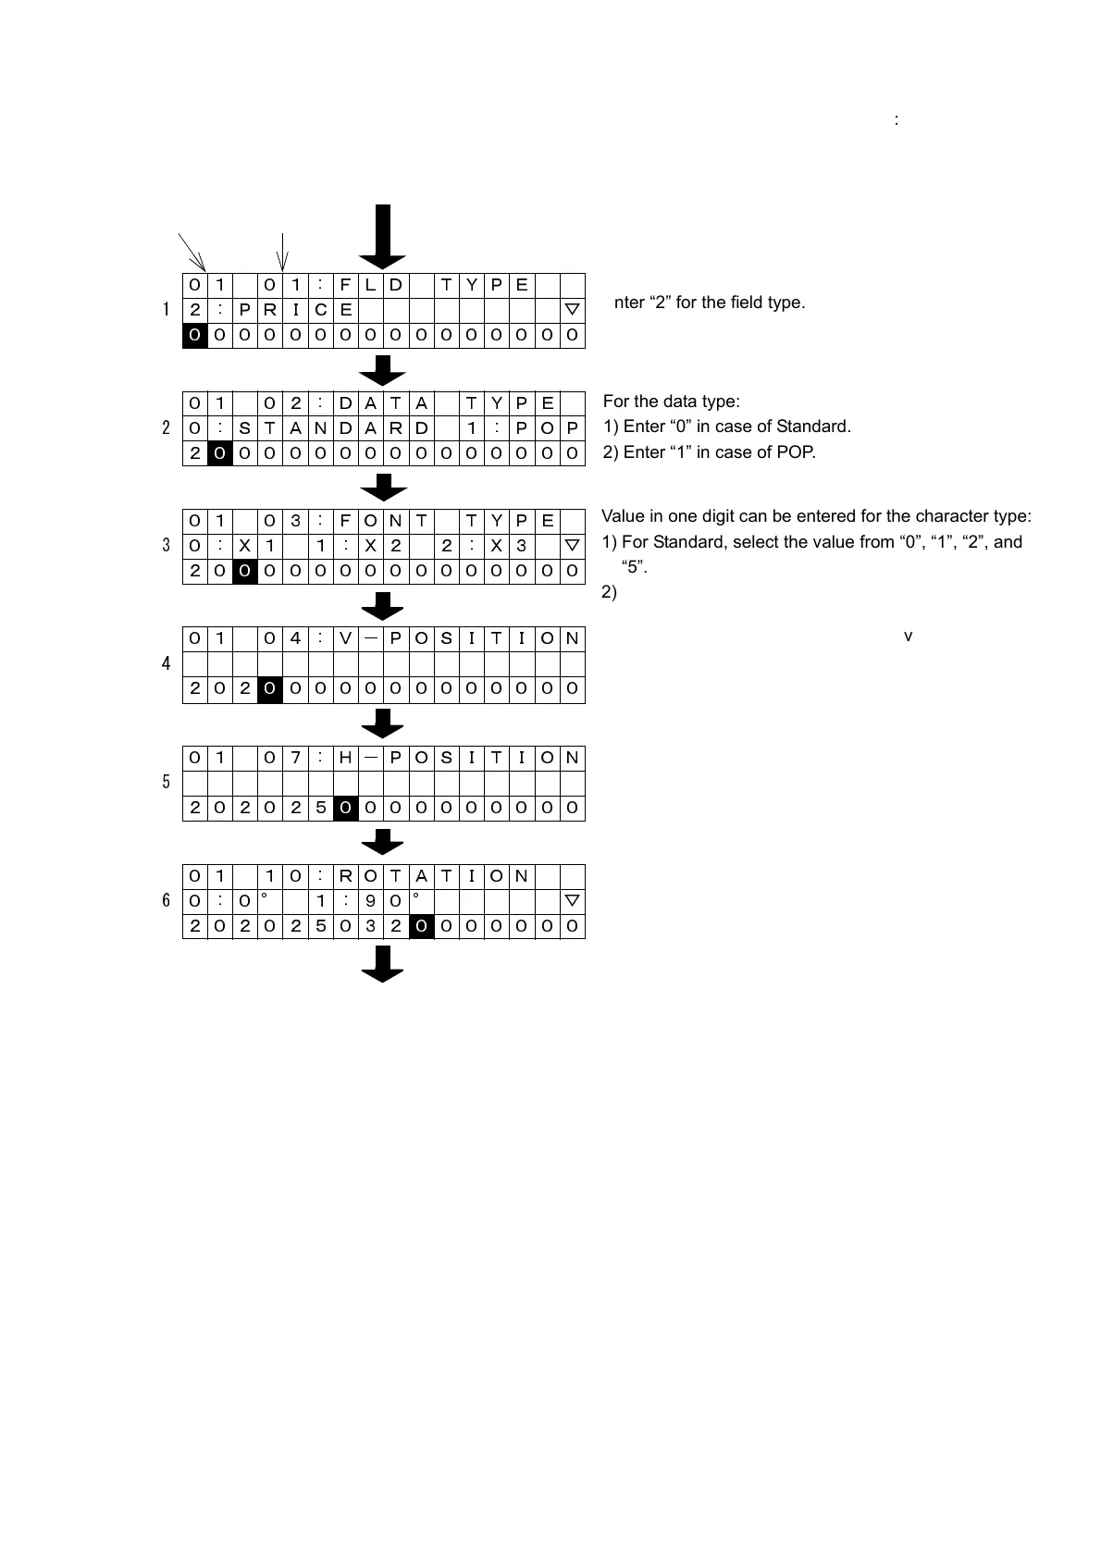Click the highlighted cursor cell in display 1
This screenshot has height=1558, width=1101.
coord(194,335)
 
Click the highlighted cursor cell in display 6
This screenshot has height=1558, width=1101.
coord(421,926)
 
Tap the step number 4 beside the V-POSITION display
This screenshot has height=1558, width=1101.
coord(166,663)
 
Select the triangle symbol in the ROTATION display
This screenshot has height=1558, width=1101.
coord(572,900)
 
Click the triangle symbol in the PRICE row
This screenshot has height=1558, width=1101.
coord(572,309)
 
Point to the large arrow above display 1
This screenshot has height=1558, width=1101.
coord(383,237)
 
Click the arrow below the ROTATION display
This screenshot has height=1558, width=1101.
coord(383,964)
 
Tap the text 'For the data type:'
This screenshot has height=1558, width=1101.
coord(671,402)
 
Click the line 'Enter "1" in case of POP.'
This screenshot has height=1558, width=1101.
coord(710,452)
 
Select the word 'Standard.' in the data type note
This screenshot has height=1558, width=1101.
coord(813,427)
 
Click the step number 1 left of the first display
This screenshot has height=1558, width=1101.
coord(166,309)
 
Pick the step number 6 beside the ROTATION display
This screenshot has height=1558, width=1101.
coord(166,900)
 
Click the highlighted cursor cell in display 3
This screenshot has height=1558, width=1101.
coord(244,571)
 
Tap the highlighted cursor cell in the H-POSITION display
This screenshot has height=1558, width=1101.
coord(345,808)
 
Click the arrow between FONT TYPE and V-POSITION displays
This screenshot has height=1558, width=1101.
coord(383,606)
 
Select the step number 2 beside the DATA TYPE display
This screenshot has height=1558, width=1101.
coord(166,427)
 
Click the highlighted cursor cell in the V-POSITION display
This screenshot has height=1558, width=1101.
coord(269,689)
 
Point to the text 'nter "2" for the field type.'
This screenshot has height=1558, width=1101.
coord(710,303)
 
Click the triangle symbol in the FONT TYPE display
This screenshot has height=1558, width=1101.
coord(572,545)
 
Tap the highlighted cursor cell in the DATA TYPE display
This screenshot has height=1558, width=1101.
coord(219,453)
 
